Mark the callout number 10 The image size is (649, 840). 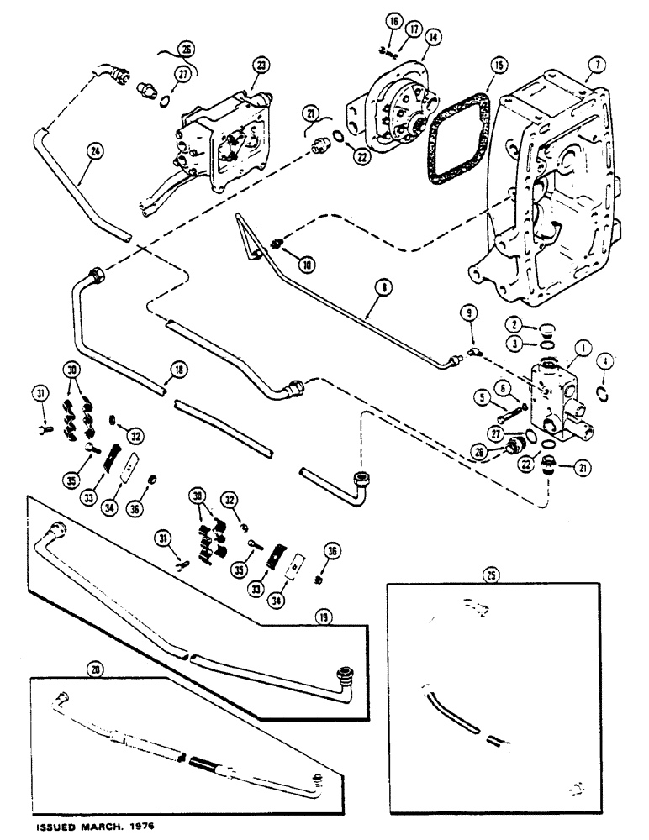coord(309,265)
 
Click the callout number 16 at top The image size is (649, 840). coord(393,20)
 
